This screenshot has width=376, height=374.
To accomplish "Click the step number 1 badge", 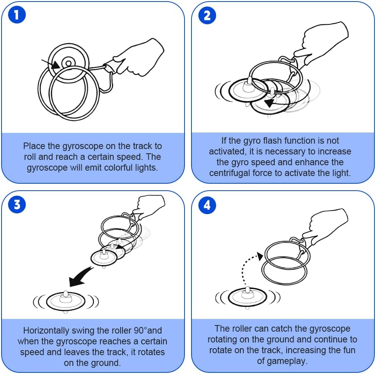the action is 17,15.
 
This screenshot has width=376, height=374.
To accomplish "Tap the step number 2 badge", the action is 207,15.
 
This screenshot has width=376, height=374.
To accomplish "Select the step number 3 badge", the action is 17,205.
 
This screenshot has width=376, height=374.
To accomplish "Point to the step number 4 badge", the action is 207,205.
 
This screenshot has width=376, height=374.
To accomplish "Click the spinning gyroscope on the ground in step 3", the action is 66,301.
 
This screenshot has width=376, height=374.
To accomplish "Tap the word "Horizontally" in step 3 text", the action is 46,331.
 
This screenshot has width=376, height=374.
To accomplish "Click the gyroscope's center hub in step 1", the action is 68,64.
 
